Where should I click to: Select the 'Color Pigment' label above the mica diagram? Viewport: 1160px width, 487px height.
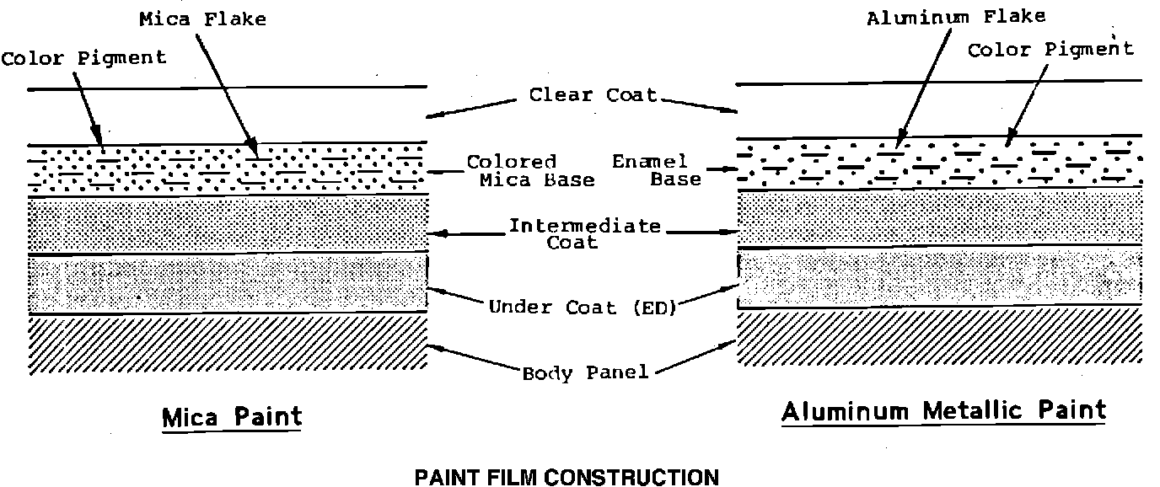[x=83, y=58]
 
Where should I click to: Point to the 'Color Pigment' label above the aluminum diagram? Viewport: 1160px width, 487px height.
[x=1050, y=50]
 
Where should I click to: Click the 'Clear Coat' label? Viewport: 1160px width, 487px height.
[x=593, y=94]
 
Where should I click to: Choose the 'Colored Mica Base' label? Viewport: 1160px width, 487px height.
[x=530, y=170]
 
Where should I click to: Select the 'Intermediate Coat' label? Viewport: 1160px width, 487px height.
[x=584, y=233]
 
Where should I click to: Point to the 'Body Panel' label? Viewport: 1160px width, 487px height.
[x=586, y=372]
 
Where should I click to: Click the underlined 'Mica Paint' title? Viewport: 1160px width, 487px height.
[x=232, y=416]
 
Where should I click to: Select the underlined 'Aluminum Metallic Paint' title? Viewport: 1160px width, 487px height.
[x=943, y=410]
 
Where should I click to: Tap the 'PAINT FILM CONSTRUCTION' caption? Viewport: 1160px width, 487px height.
[x=567, y=478]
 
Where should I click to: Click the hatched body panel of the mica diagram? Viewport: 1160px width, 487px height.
[x=228, y=343]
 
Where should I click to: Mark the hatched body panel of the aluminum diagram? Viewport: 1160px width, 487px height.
[x=939, y=336]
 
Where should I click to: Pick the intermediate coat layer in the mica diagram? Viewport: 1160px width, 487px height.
[x=228, y=225]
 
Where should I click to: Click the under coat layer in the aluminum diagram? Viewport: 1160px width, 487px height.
[x=939, y=276]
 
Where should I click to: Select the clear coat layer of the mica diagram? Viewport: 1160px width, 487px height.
[x=228, y=115]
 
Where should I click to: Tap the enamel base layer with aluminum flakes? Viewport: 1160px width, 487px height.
[x=939, y=163]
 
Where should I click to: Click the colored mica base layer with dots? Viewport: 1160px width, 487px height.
[x=228, y=169]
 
